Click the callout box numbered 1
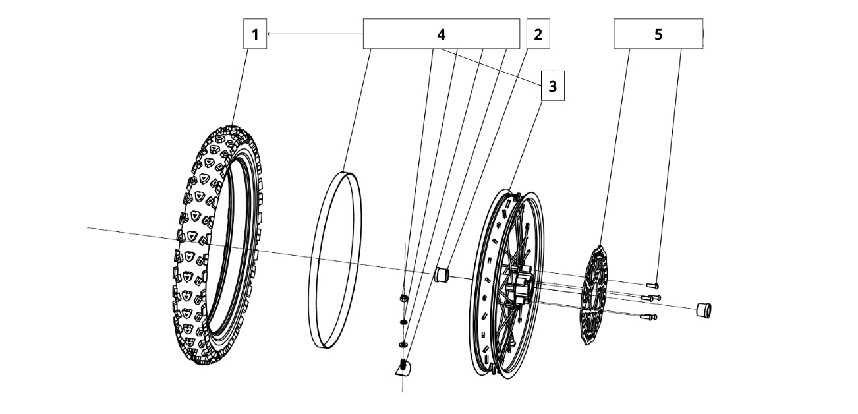click(255, 34)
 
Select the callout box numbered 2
click(538, 34)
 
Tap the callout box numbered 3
click(552, 86)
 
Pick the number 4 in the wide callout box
click(441, 34)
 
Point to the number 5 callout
click(658, 34)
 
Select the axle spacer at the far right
click(704, 309)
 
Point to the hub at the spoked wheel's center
click(520, 287)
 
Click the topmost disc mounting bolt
click(652, 285)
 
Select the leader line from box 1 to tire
click(241, 86)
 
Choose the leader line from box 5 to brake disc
click(615, 145)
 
